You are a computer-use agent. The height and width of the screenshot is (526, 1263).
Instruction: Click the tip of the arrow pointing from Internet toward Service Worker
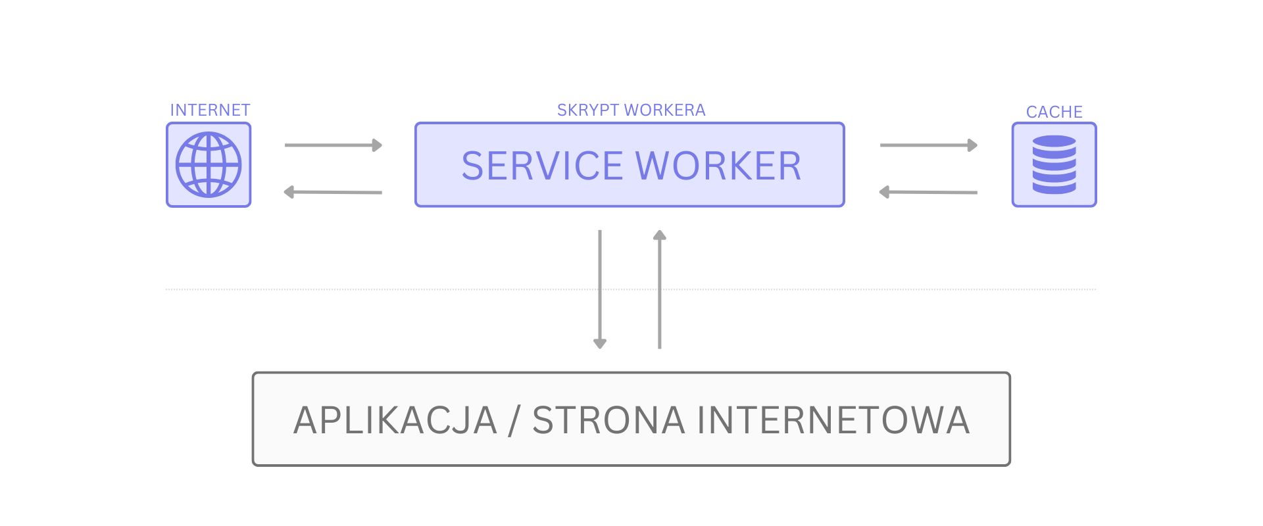[x=382, y=145]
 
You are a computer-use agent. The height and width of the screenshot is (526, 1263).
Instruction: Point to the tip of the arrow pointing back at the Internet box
[x=284, y=192]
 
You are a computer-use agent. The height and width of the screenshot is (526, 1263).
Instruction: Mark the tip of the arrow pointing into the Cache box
[x=978, y=145]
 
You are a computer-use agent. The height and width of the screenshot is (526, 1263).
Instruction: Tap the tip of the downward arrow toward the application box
[x=600, y=348]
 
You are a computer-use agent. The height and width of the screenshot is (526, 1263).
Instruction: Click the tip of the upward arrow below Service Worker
[x=660, y=230]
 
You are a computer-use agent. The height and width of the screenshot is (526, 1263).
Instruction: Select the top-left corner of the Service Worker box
[x=416, y=123]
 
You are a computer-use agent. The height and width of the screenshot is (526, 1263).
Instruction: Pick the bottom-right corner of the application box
[x=1010, y=466]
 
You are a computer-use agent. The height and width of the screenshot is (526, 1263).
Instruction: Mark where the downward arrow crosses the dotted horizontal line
[x=600, y=289]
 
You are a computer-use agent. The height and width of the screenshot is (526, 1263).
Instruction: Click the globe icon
[x=209, y=164]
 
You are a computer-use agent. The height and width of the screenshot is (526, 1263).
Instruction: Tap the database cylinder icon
[x=1054, y=164]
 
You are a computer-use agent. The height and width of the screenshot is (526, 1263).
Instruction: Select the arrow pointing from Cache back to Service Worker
[x=928, y=192]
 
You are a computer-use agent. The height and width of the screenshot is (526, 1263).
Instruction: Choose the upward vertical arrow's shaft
[x=660, y=289]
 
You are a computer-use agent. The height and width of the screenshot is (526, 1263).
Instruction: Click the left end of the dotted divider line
[x=166, y=289]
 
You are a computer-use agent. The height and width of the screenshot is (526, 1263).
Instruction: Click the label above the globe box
[x=210, y=110]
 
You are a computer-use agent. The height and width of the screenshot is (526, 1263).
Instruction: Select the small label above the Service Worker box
[x=631, y=110]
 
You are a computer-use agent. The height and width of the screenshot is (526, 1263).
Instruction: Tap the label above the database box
[x=1054, y=112]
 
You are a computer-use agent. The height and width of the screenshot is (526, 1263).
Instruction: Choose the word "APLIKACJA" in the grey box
[x=395, y=420]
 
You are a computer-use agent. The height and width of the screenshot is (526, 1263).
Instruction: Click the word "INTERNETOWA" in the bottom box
[x=833, y=420]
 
